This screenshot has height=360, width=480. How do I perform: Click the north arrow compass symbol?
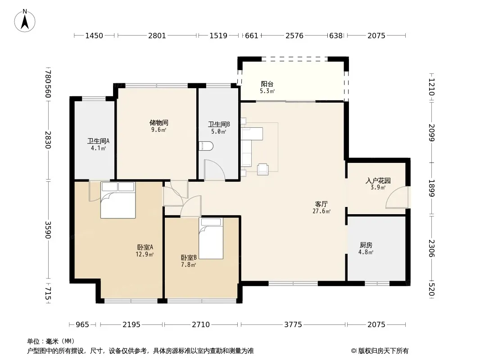25,21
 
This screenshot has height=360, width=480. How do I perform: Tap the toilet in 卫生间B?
206,146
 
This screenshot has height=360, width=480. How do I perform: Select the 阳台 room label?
267,84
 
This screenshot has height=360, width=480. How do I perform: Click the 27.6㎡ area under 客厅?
322,211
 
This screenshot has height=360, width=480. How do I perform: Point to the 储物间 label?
158,123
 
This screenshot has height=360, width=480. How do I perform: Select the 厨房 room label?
366,245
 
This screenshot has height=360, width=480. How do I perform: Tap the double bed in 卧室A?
118,200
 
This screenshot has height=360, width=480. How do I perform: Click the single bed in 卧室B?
211,238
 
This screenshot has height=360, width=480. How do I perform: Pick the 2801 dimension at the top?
157,36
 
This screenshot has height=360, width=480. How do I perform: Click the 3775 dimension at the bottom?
293,324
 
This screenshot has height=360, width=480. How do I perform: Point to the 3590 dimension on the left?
48,229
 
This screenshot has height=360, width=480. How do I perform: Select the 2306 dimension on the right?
431,248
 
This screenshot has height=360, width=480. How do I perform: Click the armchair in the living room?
263,169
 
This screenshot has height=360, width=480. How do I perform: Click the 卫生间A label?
98,141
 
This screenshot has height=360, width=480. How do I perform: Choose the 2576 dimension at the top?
294,36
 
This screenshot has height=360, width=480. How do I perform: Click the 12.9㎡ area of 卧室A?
145,254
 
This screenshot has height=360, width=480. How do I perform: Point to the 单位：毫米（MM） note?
51,341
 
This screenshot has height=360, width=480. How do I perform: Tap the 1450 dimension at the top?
94,36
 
